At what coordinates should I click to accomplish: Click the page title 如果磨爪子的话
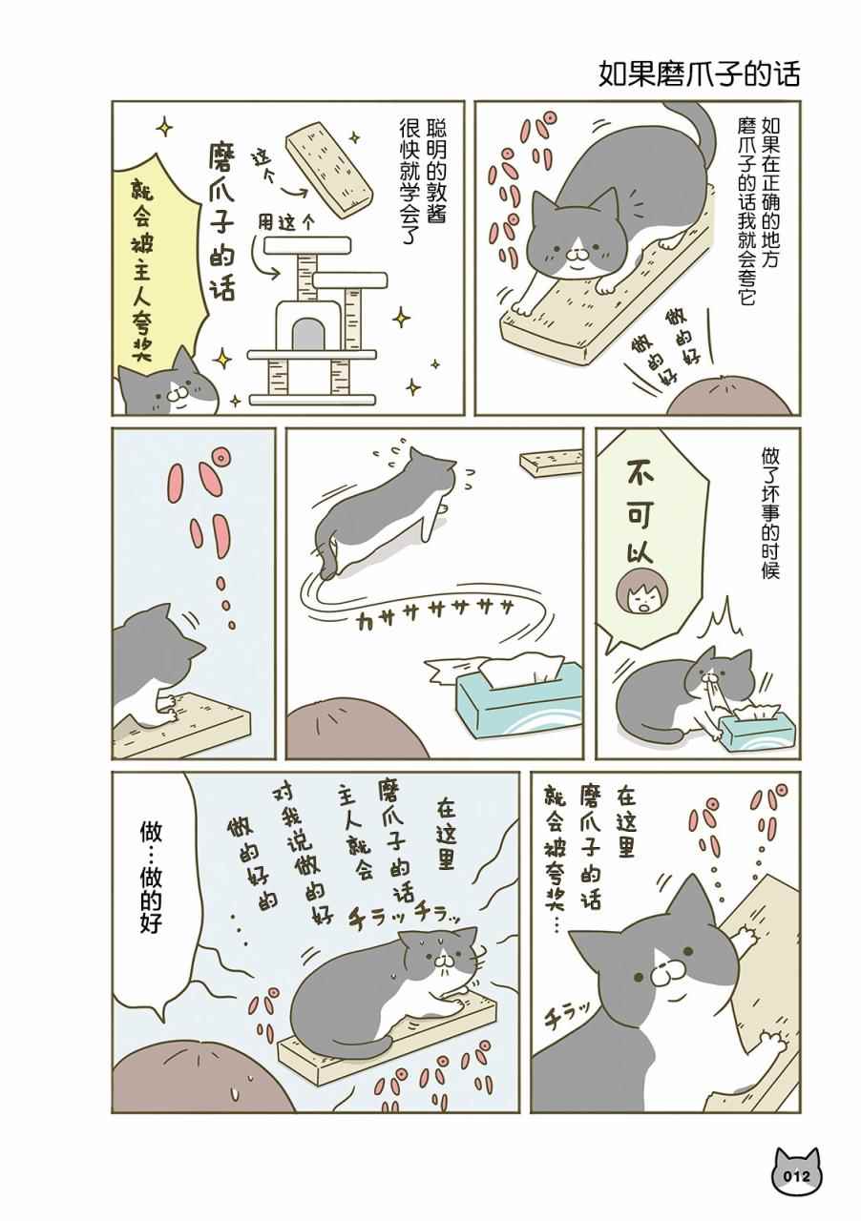click(x=699, y=74)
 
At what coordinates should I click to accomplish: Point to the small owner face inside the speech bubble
click(x=634, y=594)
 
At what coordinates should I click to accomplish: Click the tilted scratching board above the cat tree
click(x=329, y=172)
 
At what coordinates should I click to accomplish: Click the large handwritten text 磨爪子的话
click(x=222, y=221)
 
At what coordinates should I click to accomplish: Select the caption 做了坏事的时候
click(x=770, y=513)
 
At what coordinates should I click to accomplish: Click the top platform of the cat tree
click(x=306, y=246)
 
